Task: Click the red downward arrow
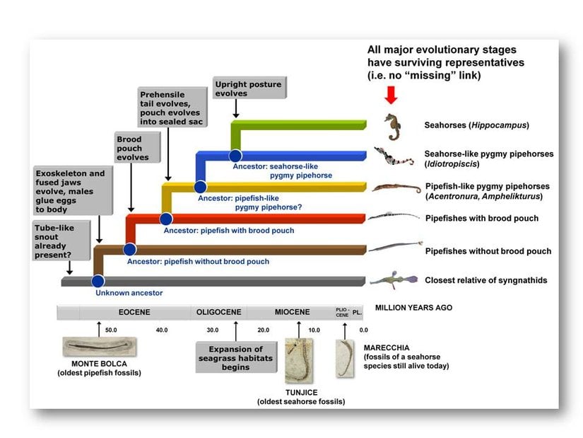pyautogui.click(x=391, y=94)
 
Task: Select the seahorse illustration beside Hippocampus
pyautogui.click(x=393, y=127)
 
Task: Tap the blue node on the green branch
pyautogui.click(x=235, y=156)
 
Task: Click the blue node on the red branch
pyautogui.click(x=166, y=219)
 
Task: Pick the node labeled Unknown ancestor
pyautogui.click(x=98, y=281)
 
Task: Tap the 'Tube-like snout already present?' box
pyautogui.click(x=62, y=239)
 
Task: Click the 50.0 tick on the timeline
pyautogui.click(x=112, y=330)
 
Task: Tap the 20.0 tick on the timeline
pyautogui.click(x=264, y=330)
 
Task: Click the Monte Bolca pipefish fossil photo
pyautogui.click(x=99, y=347)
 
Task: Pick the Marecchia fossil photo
pyautogui.click(x=344, y=358)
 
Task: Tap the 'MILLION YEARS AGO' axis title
pyautogui.click(x=413, y=308)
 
